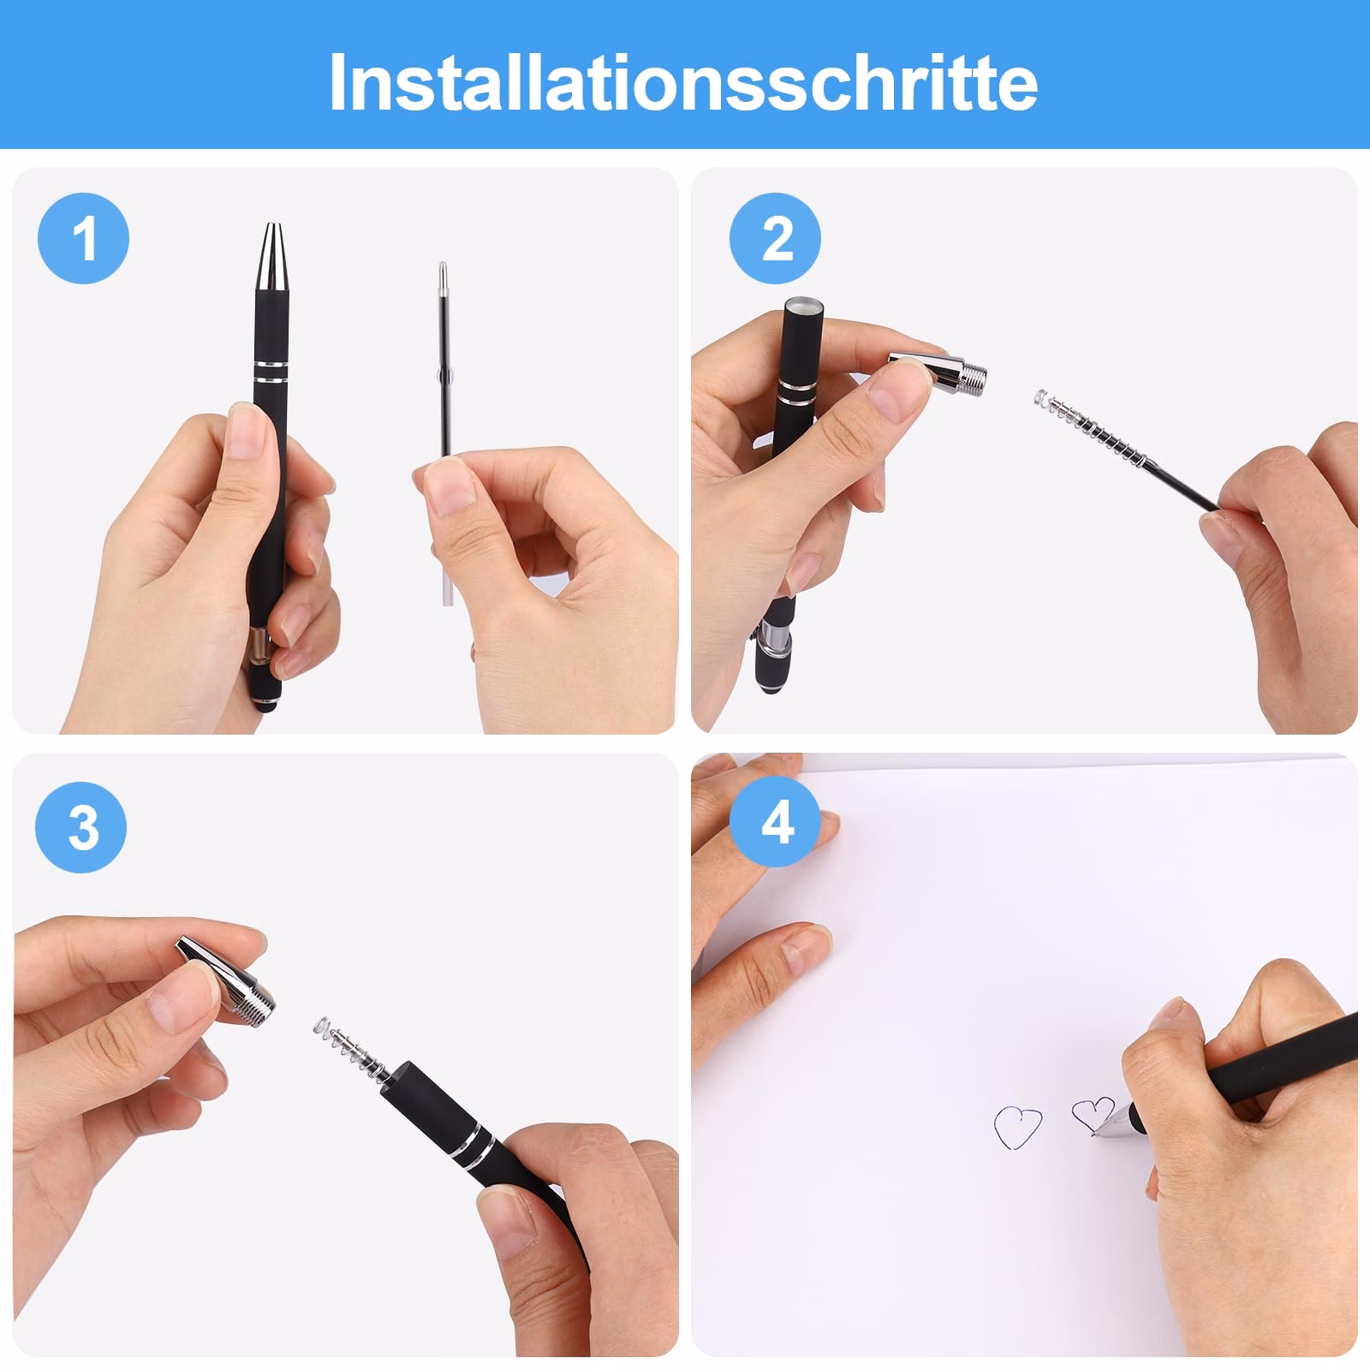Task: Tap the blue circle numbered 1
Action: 83,240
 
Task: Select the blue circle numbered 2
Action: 775,240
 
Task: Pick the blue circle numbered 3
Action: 80,828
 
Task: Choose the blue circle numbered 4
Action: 776,825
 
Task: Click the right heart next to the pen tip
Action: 1092,1114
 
